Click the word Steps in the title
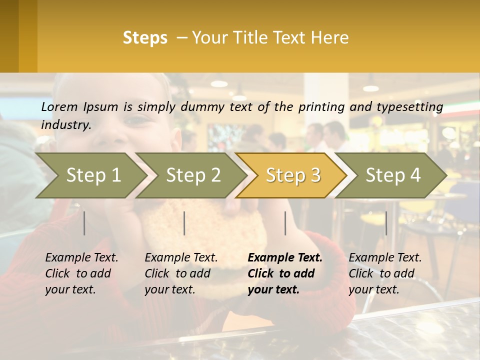(x=145, y=38)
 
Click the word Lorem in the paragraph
(x=59, y=106)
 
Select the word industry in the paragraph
(x=65, y=125)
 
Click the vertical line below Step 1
(x=84, y=223)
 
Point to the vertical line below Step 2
(x=184, y=223)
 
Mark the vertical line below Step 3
(x=285, y=223)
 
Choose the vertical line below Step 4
(x=386, y=223)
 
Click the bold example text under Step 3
(x=284, y=273)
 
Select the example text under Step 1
(x=81, y=273)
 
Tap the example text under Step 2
(x=181, y=273)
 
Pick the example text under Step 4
(x=385, y=273)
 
